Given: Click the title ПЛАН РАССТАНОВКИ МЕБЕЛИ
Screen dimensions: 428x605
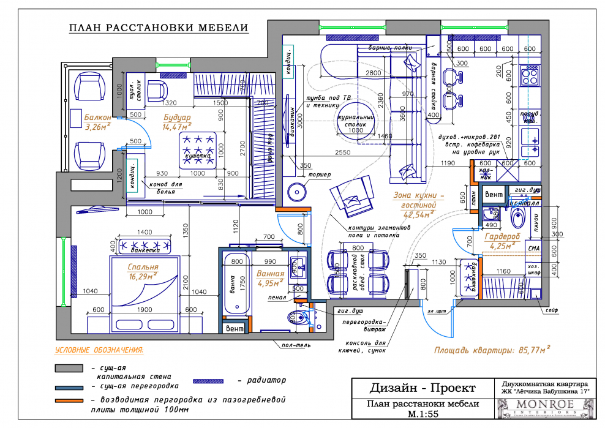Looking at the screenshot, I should [159, 28].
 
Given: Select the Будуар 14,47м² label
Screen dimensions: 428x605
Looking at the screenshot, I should [178, 121].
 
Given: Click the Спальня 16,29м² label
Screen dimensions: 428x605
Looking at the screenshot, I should [143, 272].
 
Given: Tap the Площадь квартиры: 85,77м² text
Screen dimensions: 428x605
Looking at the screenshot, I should [492, 351].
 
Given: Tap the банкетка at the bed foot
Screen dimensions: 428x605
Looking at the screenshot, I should [145, 247].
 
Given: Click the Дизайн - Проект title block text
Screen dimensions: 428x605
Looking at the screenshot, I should [422, 388].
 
